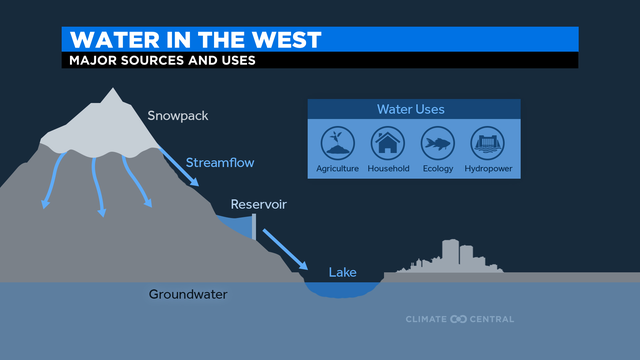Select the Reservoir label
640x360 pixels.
click(x=259, y=205)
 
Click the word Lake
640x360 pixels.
click(x=343, y=271)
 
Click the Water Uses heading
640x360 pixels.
click(x=411, y=109)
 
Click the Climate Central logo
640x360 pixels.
click(x=459, y=319)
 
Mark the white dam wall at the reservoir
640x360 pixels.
click(x=254, y=228)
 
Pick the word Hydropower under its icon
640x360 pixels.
click(x=487, y=169)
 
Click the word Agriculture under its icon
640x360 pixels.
click(x=337, y=169)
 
